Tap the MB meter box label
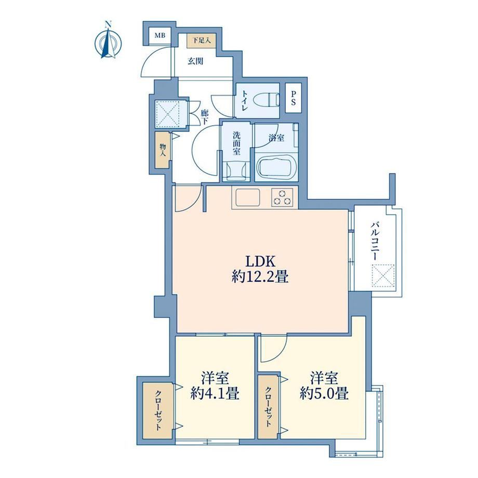(x=160, y=36)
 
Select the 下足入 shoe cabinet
(x=201, y=40)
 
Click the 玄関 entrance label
(x=195, y=62)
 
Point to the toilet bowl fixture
(x=266, y=100)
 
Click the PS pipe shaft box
(x=293, y=98)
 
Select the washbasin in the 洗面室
(x=236, y=171)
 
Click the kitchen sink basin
(x=246, y=197)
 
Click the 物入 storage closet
(x=162, y=150)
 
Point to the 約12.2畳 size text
(x=260, y=277)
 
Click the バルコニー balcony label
(x=375, y=242)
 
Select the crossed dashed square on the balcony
(x=383, y=276)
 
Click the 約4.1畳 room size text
(x=215, y=393)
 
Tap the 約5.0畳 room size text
(x=324, y=393)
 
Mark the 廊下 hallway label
(x=204, y=117)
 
